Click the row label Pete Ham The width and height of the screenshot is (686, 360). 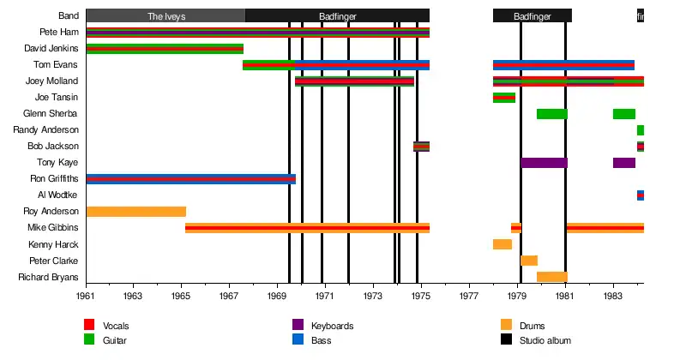point(59,32)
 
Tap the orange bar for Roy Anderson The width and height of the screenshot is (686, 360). point(135,212)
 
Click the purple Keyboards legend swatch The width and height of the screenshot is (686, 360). point(298,325)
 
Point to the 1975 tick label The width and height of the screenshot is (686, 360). point(420,296)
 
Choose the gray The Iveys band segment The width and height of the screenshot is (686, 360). point(165,15)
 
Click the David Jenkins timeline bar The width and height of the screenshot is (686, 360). point(165,49)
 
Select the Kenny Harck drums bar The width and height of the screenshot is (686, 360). point(502,244)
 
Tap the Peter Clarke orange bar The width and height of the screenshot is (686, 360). point(529,261)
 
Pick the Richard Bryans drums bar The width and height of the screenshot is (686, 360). point(551,277)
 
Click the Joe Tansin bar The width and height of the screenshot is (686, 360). point(504,98)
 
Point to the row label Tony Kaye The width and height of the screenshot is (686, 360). point(57,163)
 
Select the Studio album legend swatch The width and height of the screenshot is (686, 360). point(506,340)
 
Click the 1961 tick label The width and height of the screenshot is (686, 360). point(86,296)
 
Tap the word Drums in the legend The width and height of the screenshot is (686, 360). point(533,326)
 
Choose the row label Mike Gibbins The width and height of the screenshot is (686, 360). point(54,228)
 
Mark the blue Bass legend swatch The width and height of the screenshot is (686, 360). point(298,340)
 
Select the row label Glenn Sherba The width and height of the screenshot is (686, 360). point(51,114)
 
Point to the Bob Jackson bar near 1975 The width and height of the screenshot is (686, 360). point(421,147)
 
